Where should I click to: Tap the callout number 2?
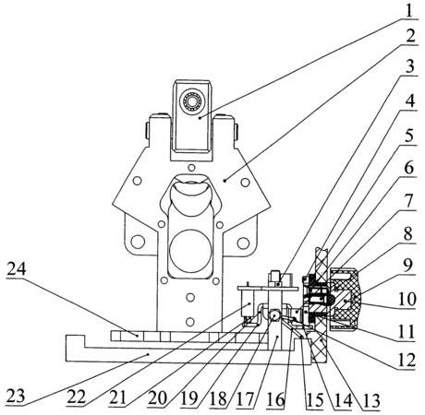[x=410, y=36]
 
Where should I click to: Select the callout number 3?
[x=410, y=66]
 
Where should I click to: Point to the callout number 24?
[x=410, y=101]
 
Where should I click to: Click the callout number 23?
[x=410, y=135]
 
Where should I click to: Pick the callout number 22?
[x=409, y=168]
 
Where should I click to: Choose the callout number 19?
[x=409, y=201]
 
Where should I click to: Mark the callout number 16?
[x=408, y=234]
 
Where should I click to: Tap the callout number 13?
[x=408, y=265]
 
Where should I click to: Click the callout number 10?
[x=407, y=299]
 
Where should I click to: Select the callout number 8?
[x=407, y=331]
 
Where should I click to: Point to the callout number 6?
[x=407, y=360]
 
